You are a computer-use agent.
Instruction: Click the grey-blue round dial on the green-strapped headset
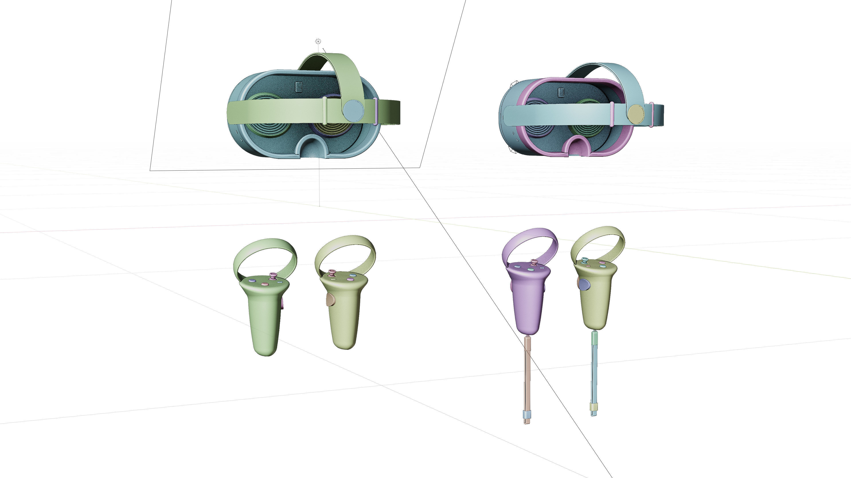[x=353, y=110]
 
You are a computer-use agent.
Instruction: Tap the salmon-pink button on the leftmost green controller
[x=264, y=284]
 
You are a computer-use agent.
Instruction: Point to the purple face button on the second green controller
[x=349, y=280]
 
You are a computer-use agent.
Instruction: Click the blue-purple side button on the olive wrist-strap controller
[x=584, y=284]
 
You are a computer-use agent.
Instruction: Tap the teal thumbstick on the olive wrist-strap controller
[x=585, y=260]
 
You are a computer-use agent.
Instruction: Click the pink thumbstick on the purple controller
[x=533, y=263]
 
